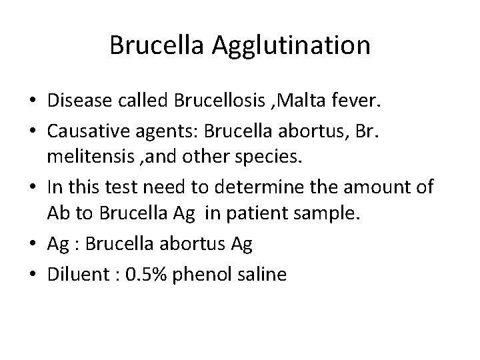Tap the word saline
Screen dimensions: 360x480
tap(263, 274)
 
